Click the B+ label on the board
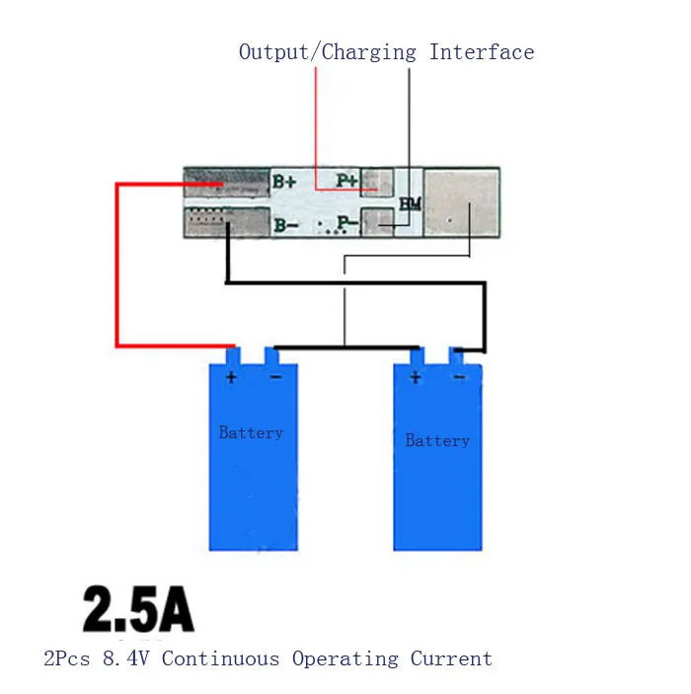point(284,182)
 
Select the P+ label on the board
point(346,181)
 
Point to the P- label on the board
point(346,224)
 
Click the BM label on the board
point(411,203)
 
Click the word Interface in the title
point(482,52)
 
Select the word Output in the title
point(274,52)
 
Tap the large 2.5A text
point(138,610)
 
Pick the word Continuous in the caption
point(221,658)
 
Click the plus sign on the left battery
point(231,377)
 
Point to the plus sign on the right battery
point(415,377)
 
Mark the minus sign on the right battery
point(458,377)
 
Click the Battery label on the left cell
point(251,432)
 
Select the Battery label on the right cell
point(437,440)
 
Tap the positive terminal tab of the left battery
point(233,356)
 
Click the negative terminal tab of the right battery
point(457,356)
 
